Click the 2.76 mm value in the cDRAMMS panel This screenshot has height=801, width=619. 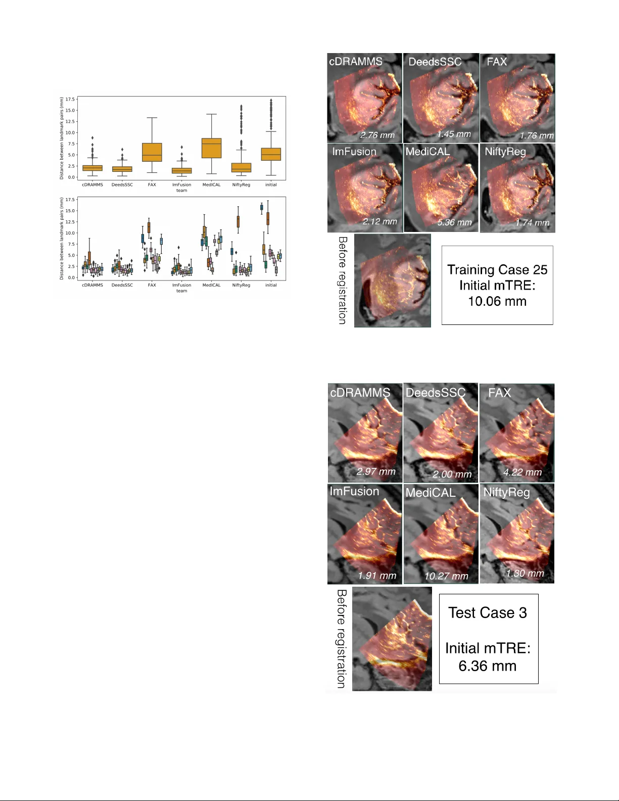(x=377, y=135)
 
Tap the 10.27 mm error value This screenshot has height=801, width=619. (x=446, y=576)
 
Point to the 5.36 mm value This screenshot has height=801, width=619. (x=454, y=222)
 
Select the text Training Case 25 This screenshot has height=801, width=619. (x=497, y=270)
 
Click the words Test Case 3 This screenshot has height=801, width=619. (x=488, y=613)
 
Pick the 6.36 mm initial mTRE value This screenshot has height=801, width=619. (x=487, y=666)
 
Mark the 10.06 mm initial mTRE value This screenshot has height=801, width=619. (x=497, y=302)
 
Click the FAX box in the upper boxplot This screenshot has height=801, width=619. (x=152, y=152)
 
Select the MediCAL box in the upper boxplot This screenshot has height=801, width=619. (x=212, y=148)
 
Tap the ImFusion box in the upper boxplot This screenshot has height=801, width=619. (x=182, y=170)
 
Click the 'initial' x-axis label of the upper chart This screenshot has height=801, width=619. (x=271, y=185)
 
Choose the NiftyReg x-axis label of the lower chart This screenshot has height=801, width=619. (x=241, y=286)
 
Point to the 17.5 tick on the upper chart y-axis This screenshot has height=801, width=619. (x=70, y=100)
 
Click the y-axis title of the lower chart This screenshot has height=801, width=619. (x=62, y=239)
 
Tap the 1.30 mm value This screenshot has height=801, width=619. (x=525, y=574)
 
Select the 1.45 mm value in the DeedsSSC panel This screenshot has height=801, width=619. (x=454, y=134)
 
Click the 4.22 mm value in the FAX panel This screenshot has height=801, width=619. (x=522, y=473)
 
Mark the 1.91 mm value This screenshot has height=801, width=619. (x=377, y=576)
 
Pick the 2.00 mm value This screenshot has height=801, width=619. (x=452, y=475)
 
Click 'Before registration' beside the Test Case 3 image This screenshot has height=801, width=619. (x=342, y=638)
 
